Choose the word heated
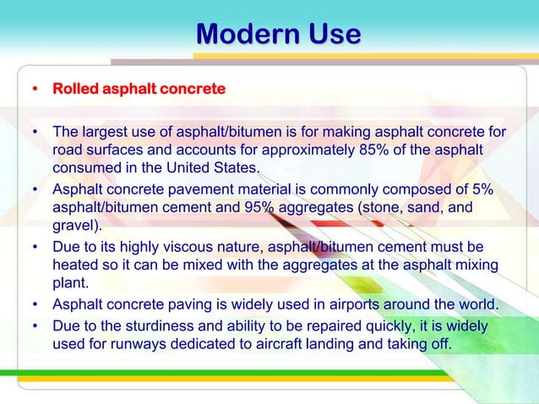75,265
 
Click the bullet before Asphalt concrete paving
35,305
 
